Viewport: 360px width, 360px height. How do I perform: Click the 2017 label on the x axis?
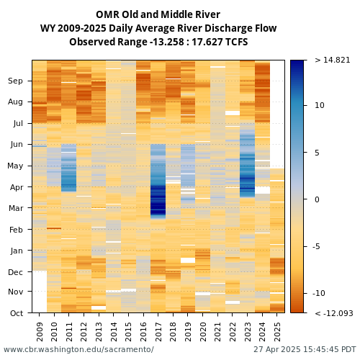click(158, 332)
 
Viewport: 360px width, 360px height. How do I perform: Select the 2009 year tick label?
click(40, 332)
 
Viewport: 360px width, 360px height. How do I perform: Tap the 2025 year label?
click(277, 332)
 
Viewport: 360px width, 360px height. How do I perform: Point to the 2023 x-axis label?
click(247, 332)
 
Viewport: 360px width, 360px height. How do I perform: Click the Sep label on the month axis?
click(15, 81)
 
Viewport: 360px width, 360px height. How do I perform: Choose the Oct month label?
click(17, 313)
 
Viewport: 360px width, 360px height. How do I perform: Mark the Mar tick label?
click(16, 208)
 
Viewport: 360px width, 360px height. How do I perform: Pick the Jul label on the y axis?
click(18, 123)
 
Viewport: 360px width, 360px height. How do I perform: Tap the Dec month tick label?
click(15, 272)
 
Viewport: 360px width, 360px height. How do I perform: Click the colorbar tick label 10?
click(320, 105)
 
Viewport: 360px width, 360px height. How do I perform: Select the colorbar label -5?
click(318, 246)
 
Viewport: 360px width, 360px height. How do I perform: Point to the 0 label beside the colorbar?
click(317, 199)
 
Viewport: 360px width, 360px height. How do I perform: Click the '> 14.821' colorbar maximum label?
click(333, 60)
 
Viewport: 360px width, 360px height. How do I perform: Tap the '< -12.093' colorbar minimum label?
click(334, 313)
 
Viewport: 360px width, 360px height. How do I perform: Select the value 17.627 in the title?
click(204, 42)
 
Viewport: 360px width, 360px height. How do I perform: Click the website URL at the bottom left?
click(78, 349)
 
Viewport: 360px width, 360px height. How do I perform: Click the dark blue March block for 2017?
click(158, 201)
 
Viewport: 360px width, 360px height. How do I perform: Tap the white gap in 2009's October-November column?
click(40, 292)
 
